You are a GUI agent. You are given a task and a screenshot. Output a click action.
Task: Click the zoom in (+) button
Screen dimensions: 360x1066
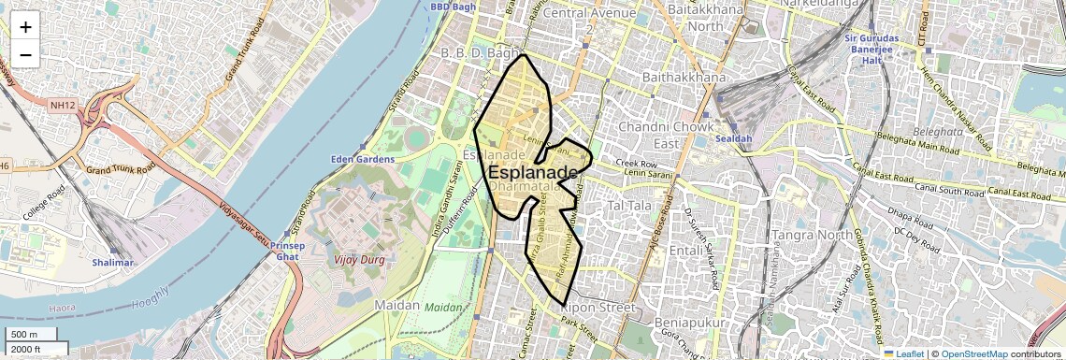(x=25, y=26)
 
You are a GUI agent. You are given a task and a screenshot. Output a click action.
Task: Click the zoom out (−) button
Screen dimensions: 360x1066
(x=25, y=54)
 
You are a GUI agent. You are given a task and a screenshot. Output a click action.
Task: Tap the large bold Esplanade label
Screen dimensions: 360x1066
(x=532, y=172)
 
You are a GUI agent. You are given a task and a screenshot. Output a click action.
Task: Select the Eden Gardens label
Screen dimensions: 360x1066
(x=363, y=159)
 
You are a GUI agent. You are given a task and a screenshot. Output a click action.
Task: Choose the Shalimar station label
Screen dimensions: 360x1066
(x=113, y=264)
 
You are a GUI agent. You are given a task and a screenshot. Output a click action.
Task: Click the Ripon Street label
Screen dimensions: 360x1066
(x=597, y=307)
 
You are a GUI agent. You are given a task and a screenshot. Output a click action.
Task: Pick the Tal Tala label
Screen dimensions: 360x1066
(x=629, y=204)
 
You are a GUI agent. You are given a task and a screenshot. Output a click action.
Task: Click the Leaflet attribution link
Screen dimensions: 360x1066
(x=903, y=353)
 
